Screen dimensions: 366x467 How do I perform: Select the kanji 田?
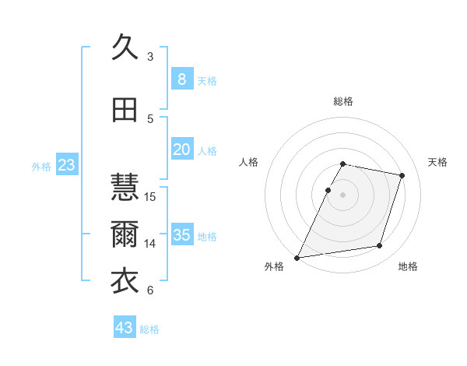click(x=125, y=110)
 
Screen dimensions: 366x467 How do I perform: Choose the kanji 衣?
click(x=125, y=281)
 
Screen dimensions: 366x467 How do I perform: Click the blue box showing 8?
click(x=181, y=79)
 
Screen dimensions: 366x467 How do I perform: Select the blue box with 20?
click(x=181, y=150)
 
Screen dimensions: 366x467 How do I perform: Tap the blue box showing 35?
click(x=181, y=235)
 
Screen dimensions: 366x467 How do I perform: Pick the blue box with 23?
click(x=66, y=165)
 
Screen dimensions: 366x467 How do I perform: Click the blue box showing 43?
click(x=124, y=328)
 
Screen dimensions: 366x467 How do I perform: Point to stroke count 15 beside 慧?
click(x=151, y=196)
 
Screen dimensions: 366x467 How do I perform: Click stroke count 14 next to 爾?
click(x=151, y=243)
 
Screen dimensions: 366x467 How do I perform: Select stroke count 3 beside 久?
click(x=150, y=56)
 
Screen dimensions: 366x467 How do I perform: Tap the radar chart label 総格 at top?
click(x=343, y=101)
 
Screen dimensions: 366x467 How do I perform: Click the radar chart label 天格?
click(x=438, y=162)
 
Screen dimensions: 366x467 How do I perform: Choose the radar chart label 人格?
click(x=249, y=162)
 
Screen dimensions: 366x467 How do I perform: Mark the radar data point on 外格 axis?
click(x=297, y=257)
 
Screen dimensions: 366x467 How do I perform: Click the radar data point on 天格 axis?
click(x=402, y=175)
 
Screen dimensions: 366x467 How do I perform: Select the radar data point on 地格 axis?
click(x=380, y=246)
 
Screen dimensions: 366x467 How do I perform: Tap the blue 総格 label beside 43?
click(x=149, y=329)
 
